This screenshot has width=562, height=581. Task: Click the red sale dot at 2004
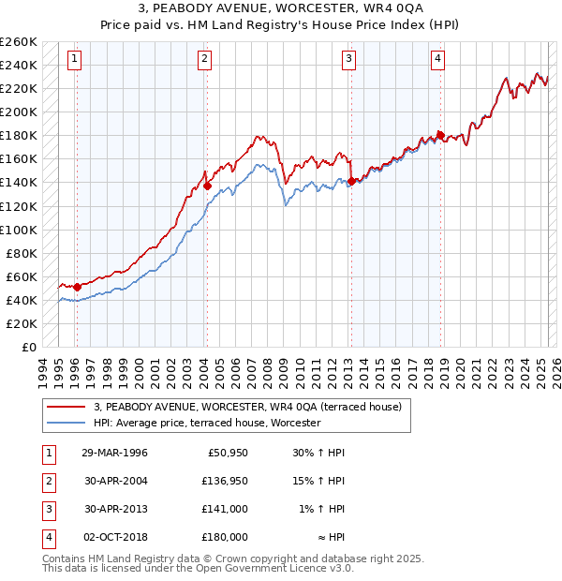click(206, 186)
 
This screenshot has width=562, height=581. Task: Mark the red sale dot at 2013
click(350, 181)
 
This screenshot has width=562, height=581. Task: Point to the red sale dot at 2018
click(439, 135)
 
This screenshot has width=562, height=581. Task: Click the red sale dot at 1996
click(76, 287)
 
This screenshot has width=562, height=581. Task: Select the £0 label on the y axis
click(28, 347)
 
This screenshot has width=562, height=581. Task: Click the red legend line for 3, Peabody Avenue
click(66, 407)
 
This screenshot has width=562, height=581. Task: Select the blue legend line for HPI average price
click(66, 423)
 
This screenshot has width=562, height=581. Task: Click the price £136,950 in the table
click(225, 481)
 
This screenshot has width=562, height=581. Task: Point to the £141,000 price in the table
click(225, 509)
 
